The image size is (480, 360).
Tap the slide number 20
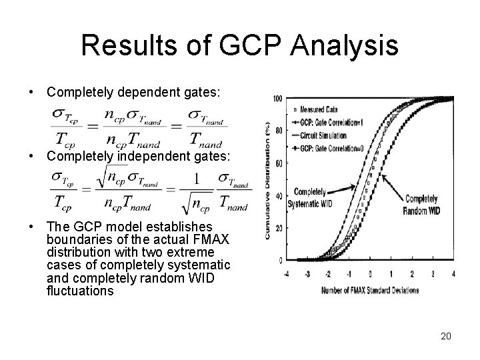coord(446,336)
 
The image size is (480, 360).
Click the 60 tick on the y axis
coord(277,163)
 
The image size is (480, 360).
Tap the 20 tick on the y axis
coord(277,228)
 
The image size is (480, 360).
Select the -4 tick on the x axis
coord(287,274)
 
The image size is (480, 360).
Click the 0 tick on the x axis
coord(370,274)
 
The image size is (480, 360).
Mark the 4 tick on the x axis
coord(453,274)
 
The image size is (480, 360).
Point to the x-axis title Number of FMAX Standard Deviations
coord(371,289)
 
